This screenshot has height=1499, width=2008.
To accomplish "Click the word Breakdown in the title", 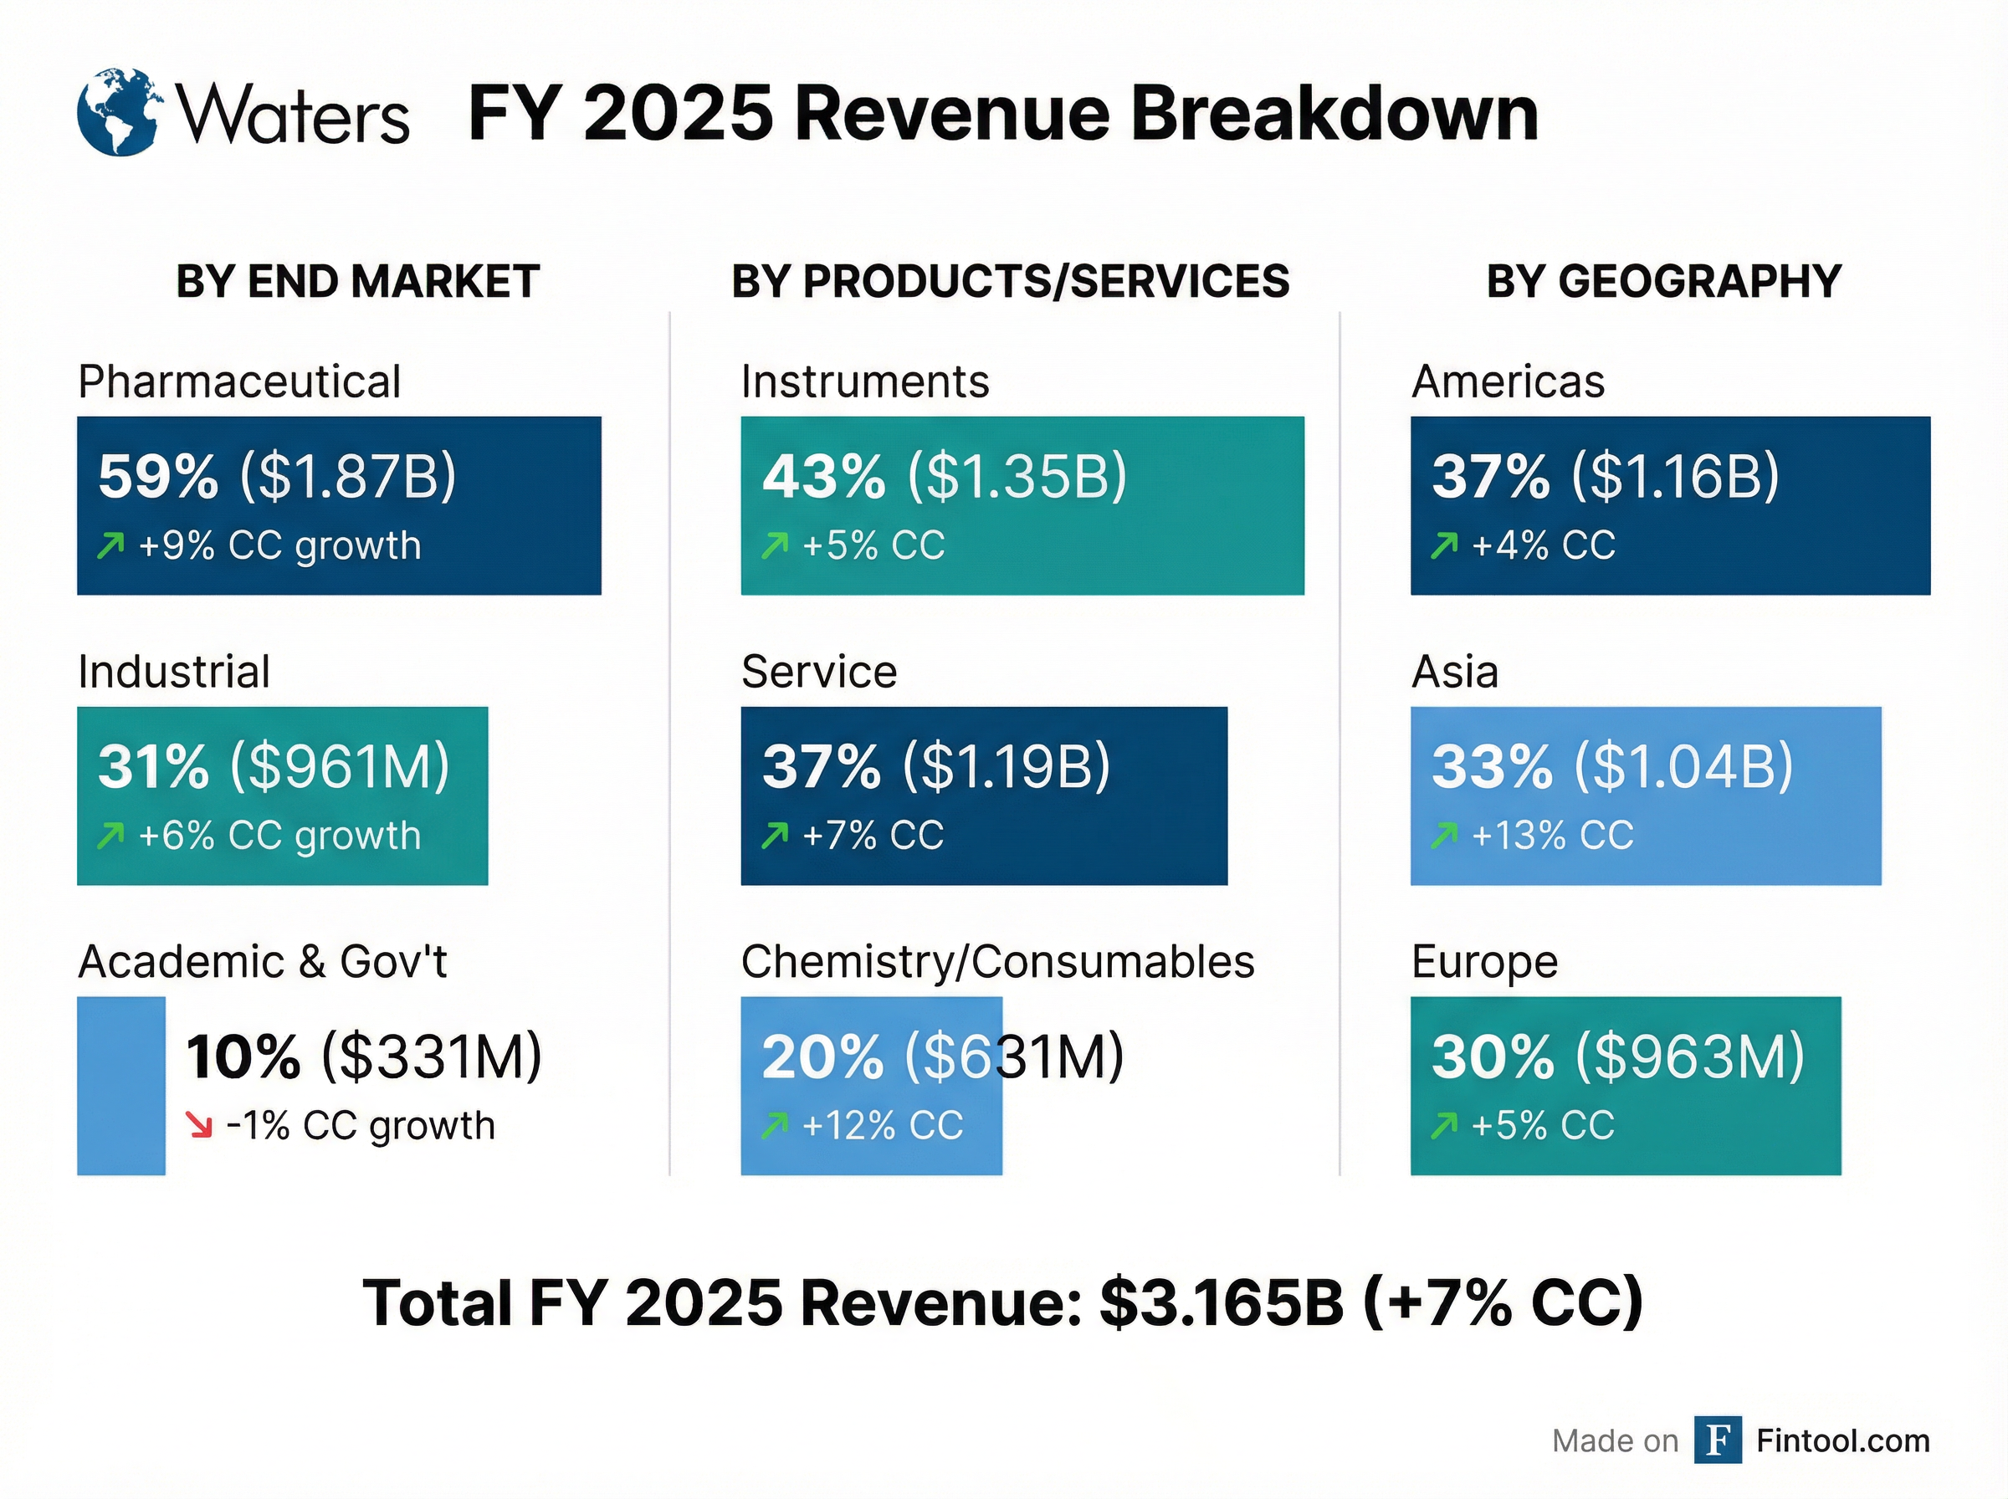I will pos(1334,115).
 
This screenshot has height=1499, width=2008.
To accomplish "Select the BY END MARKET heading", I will pos(357,281).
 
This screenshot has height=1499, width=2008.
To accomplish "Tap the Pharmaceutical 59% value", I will pos(158,476).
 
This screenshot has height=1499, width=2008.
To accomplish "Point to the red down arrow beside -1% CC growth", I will pos(199,1126).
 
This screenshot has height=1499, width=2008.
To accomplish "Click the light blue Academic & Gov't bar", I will pos(120,1085).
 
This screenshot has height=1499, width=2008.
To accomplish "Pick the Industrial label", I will pos(173,673).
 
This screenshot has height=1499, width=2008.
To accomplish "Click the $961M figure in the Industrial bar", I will pos(340,767).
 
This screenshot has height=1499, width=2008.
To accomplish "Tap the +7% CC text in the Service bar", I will pos(873,835).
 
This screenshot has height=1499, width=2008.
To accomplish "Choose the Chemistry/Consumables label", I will pos(997,962).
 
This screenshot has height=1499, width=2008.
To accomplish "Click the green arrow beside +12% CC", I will pos(775,1126).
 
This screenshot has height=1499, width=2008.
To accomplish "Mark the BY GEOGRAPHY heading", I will pos(1663,281).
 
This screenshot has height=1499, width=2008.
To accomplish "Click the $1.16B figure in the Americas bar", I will pos(1675,476).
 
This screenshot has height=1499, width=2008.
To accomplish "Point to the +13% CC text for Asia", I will pos(1551,835).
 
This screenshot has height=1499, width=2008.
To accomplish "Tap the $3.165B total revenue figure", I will pos(1221,1303).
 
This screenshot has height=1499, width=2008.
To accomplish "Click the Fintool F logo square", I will pos(1717,1440).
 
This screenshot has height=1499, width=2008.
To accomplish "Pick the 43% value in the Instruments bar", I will pos(823,476).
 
